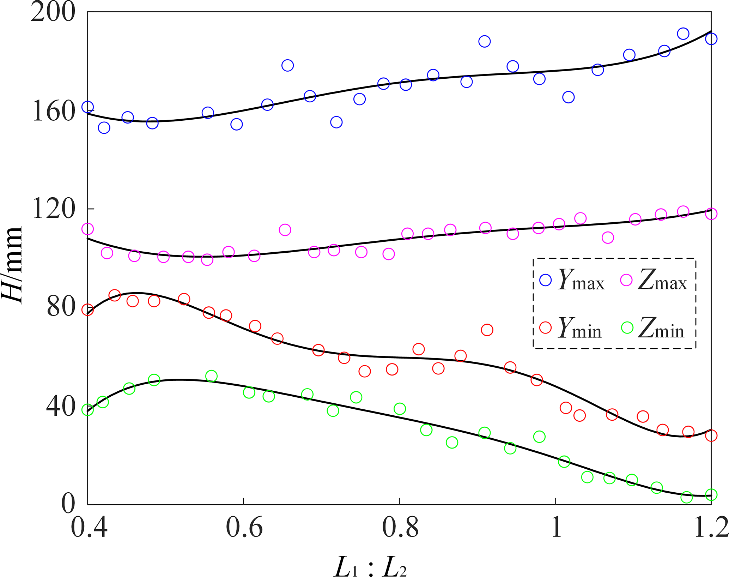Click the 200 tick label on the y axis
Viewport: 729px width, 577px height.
[53, 13]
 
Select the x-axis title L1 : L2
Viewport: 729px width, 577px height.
[370, 567]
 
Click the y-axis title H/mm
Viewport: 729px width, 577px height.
[12, 265]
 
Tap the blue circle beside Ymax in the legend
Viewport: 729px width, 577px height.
[546, 280]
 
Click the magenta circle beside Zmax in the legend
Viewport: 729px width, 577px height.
[626, 280]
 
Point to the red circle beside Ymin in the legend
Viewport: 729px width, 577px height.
[546, 327]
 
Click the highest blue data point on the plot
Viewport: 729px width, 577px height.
[683, 34]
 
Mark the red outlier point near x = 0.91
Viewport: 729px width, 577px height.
[487, 330]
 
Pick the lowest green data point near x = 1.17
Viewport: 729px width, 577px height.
[686, 497]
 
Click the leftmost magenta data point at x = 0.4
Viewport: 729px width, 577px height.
[87, 229]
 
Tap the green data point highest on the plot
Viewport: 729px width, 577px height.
[211, 376]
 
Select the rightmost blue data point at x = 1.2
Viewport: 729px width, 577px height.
[711, 38]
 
